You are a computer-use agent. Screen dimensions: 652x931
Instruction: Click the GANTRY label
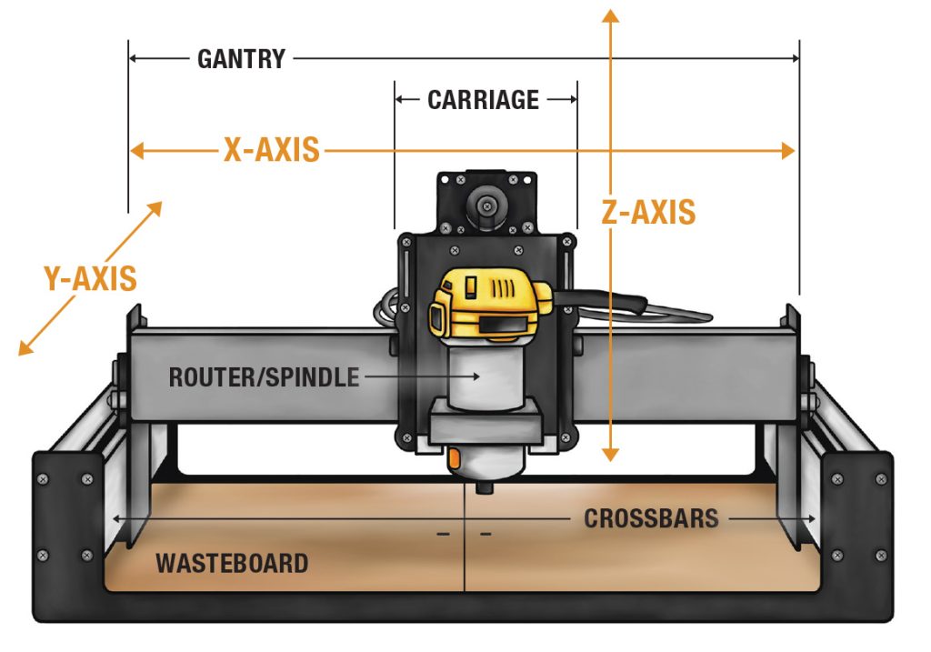point(241,60)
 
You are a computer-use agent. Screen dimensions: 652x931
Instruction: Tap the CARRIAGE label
point(483,100)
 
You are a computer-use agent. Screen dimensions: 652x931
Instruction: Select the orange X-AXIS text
point(271,150)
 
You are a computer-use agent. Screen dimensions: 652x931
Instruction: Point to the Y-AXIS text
point(90,278)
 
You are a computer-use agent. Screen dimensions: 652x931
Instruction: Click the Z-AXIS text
point(648,212)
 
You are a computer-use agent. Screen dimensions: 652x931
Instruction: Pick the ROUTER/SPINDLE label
point(264,376)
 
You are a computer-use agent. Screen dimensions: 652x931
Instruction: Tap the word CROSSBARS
point(651,519)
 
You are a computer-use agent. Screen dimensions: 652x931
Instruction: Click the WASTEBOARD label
point(231,563)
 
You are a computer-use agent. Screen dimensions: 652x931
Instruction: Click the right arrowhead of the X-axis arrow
point(787,151)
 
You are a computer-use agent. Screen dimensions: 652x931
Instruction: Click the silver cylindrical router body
point(484,373)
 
